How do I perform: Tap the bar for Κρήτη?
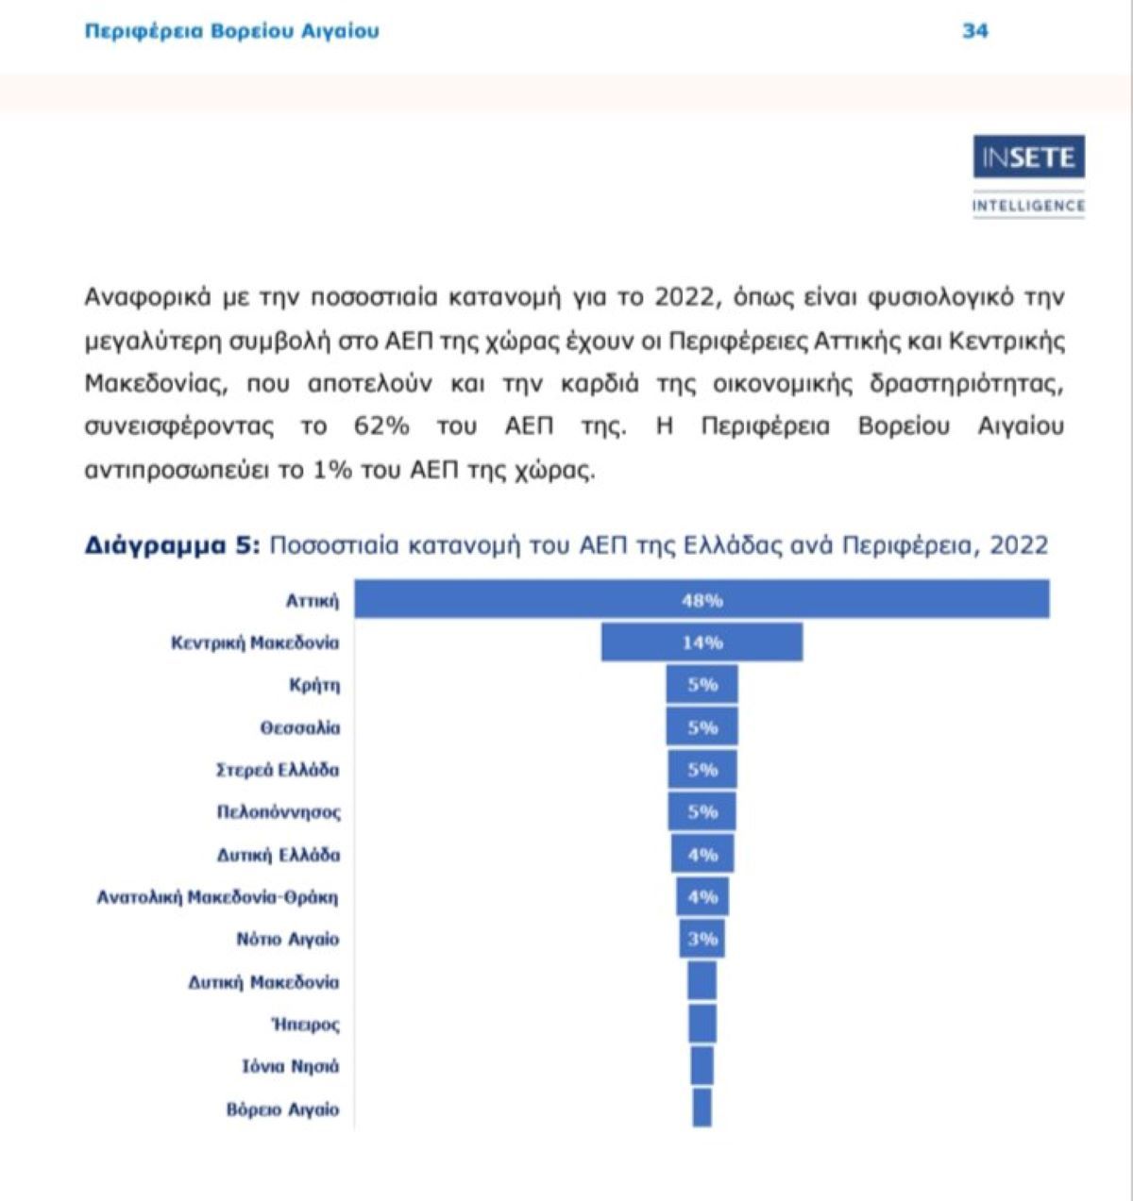point(702,685)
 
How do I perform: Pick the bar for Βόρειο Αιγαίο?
point(702,1108)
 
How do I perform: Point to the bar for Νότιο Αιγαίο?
point(702,939)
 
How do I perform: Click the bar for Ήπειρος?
point(702,1024)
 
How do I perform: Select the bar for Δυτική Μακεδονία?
point(702,981)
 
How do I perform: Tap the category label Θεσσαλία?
point(299,727)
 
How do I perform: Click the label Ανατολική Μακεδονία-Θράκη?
point(217,896)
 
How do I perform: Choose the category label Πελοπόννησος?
point(279,811)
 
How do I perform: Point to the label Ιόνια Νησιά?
point(290,1066)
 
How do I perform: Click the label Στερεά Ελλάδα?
point(277,770)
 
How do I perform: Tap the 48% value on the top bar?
point(702,600)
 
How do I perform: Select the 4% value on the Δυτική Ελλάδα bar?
point(702,855)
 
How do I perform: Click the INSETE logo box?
point(1028,158)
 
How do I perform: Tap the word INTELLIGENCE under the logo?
point(1028,206)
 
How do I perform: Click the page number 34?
point(974,31)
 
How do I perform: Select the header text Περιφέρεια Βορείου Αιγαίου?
point(231,31)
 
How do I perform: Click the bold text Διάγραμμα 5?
point(171,545)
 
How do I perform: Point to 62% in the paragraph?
point(381,426)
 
